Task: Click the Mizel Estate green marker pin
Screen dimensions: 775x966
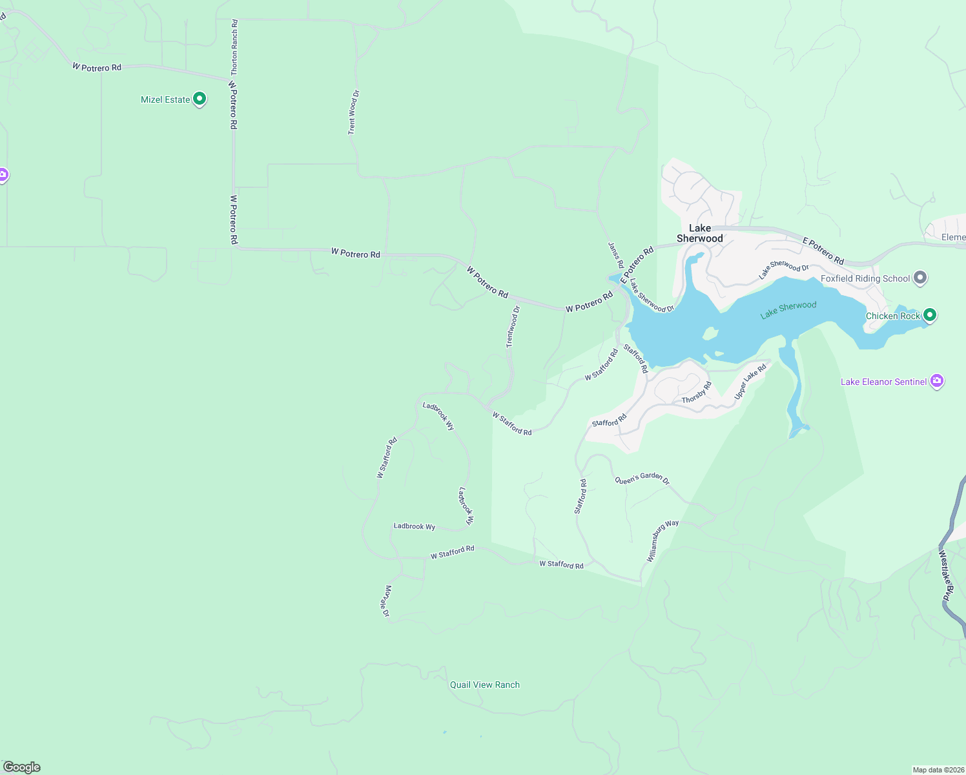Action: click(200, 99)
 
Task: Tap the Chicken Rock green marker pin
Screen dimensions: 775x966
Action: click(929, 315)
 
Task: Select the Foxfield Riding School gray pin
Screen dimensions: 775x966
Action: click(920, 278)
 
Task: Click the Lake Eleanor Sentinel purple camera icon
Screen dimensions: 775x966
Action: click(937, 382)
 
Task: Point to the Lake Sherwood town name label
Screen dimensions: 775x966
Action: click(700, 233)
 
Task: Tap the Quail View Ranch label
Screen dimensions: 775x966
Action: click(484, 685)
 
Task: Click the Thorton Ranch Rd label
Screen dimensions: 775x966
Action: click(234, 47)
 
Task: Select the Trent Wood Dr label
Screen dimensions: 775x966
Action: click(353, 112)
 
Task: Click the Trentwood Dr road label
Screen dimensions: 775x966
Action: click(513, 327)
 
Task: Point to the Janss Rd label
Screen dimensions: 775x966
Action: click(615, 255)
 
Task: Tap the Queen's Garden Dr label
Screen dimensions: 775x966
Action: click(642, 479)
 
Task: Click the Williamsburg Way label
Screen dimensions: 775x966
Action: click(662, 540)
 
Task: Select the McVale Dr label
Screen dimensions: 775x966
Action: click(387, 601)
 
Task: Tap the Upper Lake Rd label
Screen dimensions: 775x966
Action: click(750, 381)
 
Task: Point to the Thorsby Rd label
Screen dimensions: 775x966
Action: click(697, 393)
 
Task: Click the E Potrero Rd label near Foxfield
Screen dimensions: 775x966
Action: click(823, 251)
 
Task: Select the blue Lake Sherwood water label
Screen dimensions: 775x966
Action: click(788, 309)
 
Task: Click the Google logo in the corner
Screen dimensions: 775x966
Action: click(21, 767)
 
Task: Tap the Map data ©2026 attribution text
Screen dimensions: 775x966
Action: click(938, 770)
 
